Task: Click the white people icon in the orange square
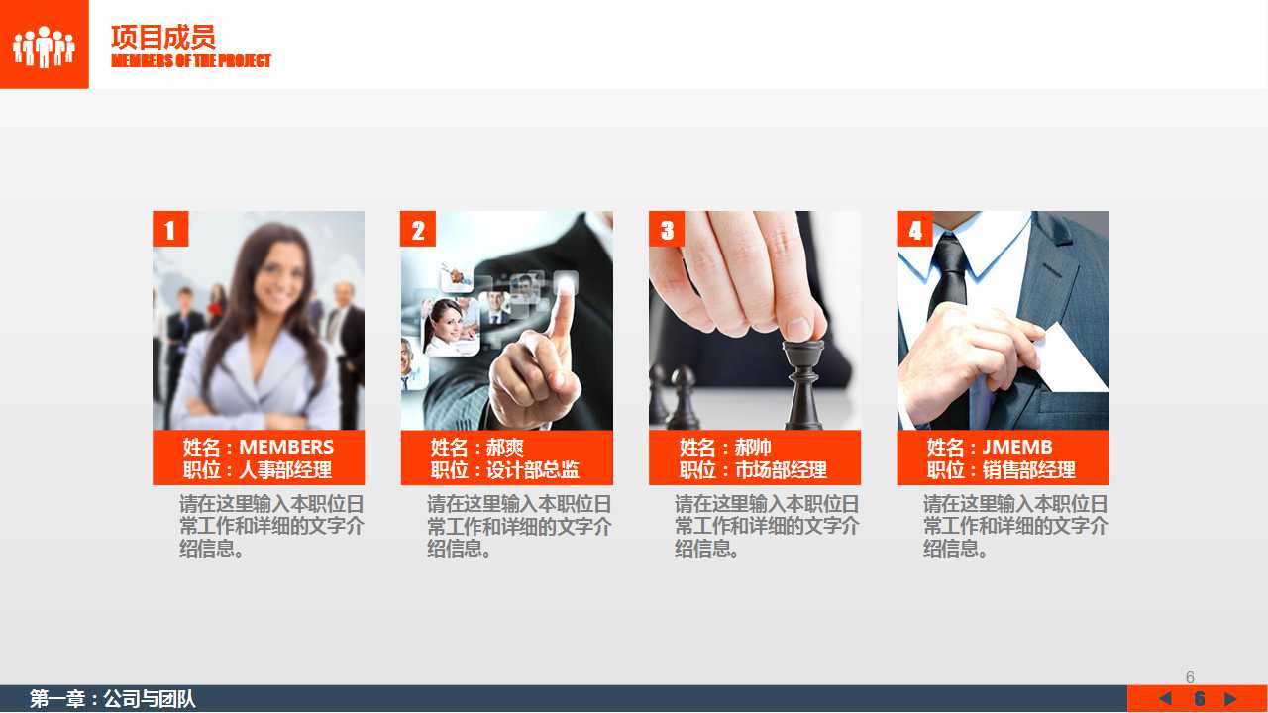(x=45, y=47)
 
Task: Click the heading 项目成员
(x=163, y=38)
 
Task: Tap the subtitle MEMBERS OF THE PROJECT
(x=191, y=61)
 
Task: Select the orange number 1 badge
(x=170, y=229)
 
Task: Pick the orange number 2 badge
(x=418, y=229)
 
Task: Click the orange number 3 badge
(x=667, y=229)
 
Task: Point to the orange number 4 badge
(x=914, y=229)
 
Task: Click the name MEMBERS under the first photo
(x=286, y=447)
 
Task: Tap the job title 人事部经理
(x=285, y=470)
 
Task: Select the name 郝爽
(x=505, y=447)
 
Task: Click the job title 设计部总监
(x=533, y=470)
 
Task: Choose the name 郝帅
(x=753, y=447)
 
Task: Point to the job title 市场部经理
(x=781, y=470)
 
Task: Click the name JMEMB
(x=1017, y=447)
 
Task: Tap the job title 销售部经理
(x=1028, y=470)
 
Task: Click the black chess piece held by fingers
(x=803, y=385)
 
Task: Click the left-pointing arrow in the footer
(x=1166, y=699)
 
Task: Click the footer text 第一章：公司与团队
(x=113, y=699)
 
